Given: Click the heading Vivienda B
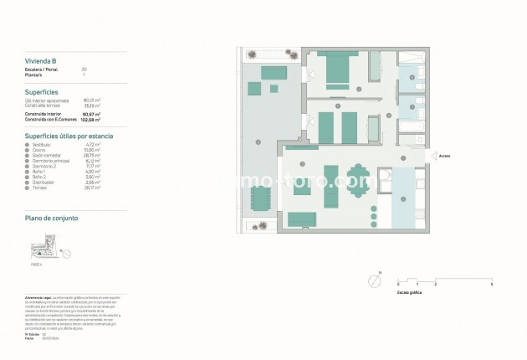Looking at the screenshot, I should click(39, 60).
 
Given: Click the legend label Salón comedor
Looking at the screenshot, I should click(47, 155).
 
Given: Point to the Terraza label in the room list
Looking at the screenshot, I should click(41, 188).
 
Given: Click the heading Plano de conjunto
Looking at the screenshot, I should click(52, 218).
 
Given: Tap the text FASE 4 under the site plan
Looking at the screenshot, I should click(35, 263).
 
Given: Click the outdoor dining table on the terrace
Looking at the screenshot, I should click(261, 199).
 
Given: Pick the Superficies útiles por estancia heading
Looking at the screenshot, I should click(69, 135).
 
